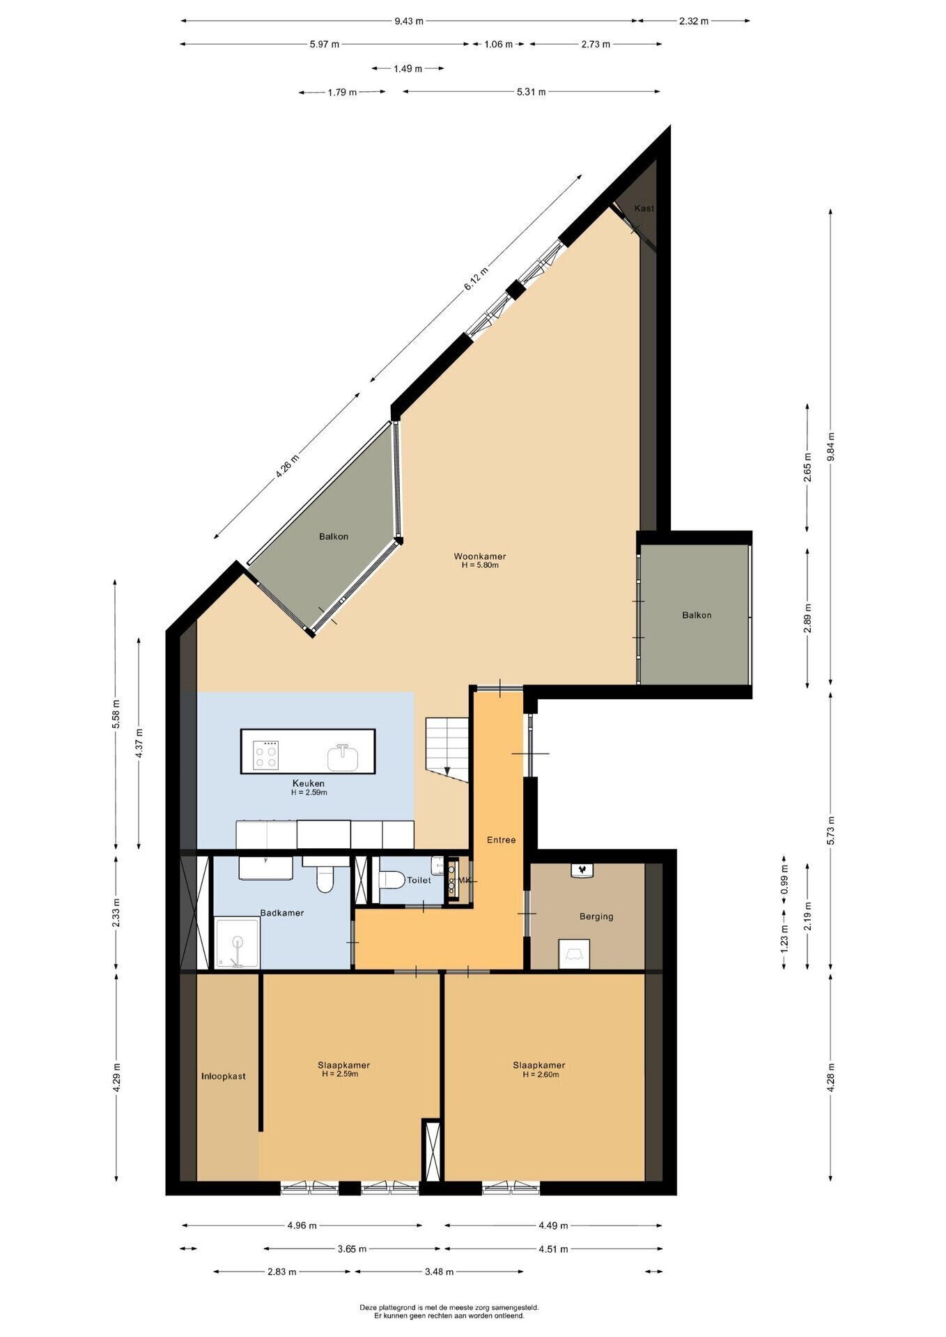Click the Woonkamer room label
(x=479, y=556)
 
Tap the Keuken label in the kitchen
(x=309, y=783)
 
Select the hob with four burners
(x=267, y=753)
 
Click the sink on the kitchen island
(x=343, y=758)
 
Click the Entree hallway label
(x=502, y=840)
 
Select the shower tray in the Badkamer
(x=238, y=942)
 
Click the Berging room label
(x=596, y=916)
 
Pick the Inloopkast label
(x=224, y=1076)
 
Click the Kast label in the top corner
(x=644, y=208)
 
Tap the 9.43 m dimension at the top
(x=409, y=21)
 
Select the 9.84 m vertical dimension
(x=830, y=448)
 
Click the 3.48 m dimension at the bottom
(x=439, y=1272)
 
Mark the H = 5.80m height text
(x=480, y=565)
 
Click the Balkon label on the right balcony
(x=697, y=615)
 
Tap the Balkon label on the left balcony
(x=334, y=536)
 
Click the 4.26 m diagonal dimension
(x=287, y=465)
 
